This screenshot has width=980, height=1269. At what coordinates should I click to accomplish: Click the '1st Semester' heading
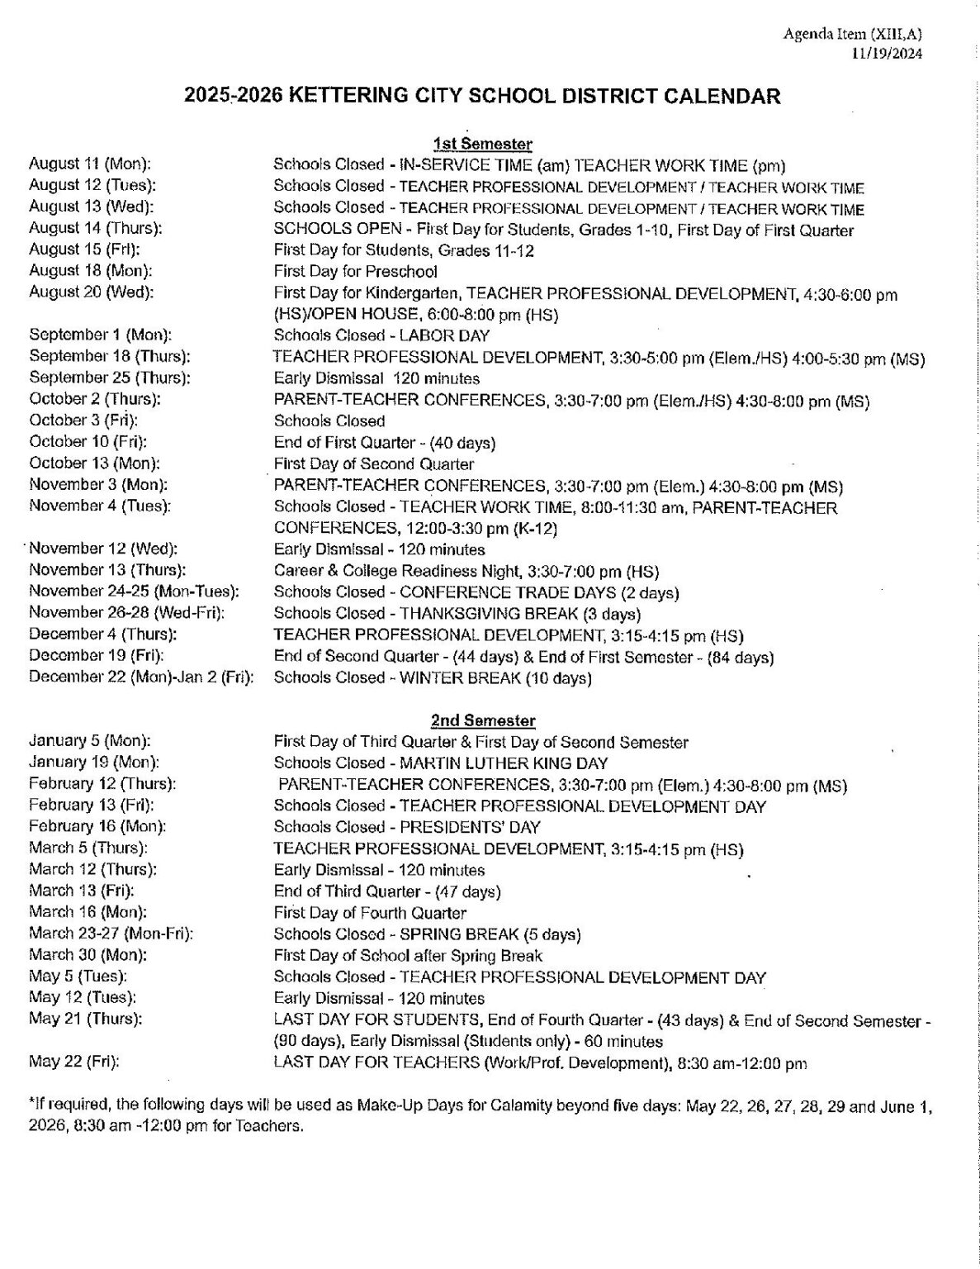[483, 144]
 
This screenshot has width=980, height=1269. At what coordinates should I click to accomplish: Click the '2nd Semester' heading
[483, 720]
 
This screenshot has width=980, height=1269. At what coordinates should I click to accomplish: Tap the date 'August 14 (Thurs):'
[95, 228]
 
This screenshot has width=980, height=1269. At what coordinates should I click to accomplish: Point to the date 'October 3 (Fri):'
[83, 421]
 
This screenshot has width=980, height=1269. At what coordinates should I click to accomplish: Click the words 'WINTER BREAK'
[460, 678]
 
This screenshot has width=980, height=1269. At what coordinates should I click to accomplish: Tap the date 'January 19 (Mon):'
[93, 763]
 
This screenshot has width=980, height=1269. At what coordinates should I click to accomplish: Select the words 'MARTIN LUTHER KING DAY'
[504, 763]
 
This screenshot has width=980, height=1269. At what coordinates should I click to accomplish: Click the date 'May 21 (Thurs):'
[85, 1019]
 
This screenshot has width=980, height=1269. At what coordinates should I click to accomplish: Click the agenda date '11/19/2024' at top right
[888, 55]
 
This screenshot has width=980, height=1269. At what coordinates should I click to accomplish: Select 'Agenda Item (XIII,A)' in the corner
[853, 34]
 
